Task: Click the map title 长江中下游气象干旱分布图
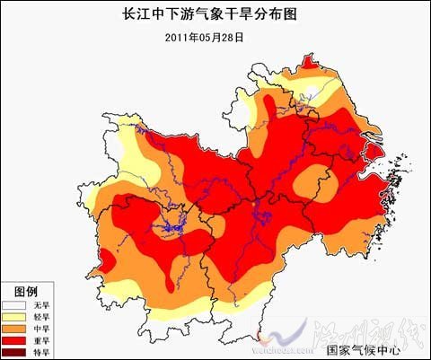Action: [215, 14]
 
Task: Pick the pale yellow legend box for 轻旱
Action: [16, 318]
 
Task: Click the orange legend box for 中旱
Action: [16, 329]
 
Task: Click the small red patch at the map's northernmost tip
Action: [310, 62]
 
